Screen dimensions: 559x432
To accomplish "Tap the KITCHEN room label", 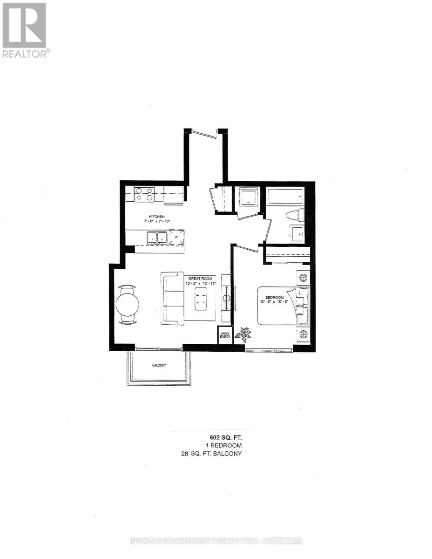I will pos(156,217).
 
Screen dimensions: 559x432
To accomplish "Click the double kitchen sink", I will pos(157,238).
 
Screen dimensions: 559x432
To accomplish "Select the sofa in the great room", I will pos(172,299).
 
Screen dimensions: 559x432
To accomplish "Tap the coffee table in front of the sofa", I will pos(201,299).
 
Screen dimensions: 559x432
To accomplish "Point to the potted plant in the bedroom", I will pos(243,334).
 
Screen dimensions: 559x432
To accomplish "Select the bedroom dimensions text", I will pos(275,301).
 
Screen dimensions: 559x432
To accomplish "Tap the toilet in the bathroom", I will pos(294,215).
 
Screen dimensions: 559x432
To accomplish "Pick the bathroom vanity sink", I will pos(297,232).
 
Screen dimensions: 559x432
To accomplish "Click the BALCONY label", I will pos(159,365).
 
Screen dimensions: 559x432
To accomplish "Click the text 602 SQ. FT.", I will pos(225,437).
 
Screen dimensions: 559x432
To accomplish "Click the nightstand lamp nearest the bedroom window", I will pos(303,334).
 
